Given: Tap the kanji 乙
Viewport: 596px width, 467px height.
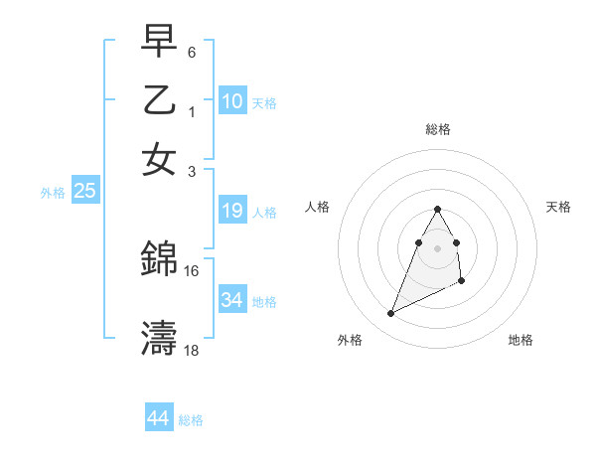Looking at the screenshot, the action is pos(159,100).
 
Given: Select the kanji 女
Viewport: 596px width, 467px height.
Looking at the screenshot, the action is pos(159,159).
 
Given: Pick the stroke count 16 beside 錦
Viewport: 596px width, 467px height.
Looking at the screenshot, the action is pos(192,270).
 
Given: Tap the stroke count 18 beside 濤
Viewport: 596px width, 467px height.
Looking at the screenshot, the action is pos(192,350).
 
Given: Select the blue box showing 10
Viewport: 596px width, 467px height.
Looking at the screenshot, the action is pos(232,100).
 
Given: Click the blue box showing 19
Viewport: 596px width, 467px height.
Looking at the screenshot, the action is pos(232,211).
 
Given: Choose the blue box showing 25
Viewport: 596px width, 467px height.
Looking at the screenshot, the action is pos(84,192).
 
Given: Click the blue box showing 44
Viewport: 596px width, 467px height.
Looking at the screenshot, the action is pos(159,418).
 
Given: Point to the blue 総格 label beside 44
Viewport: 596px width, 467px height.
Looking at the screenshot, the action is pos(191,420).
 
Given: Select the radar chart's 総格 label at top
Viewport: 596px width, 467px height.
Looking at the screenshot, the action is pos(438,129).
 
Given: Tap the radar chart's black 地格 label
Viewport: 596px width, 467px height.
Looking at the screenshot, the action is pos(521,340).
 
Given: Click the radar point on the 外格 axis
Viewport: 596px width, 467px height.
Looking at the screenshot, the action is pos(390,314).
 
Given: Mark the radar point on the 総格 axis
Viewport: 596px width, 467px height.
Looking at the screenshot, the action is pos(438,209).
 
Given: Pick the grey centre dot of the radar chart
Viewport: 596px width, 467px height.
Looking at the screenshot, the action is pos(438,247).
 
